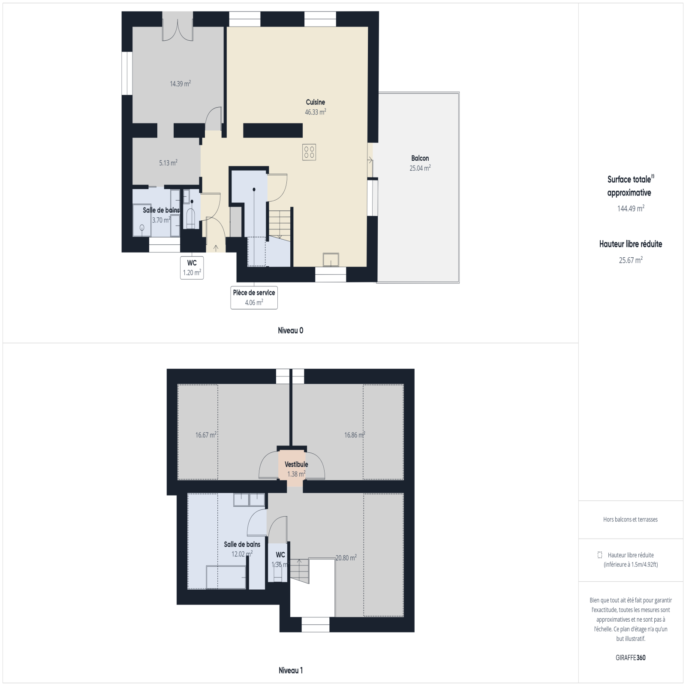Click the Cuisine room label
point(315,102)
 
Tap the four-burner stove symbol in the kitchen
point(309,152)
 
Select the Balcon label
point(420,158)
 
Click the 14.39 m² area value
point(180,84)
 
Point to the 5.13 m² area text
point(168,163)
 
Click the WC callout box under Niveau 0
point(192,268)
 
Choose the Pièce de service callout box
point(254,298)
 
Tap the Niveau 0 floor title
point(290,331)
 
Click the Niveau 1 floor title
point(290,671)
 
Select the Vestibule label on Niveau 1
point(296,464)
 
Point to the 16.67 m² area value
point(206,435)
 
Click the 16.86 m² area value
point(355,435)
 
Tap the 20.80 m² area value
point(346,558)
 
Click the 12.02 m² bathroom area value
point(242,554)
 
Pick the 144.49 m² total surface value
point(631,208)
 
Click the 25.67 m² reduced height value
point(631,260)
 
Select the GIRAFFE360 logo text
point(630,658)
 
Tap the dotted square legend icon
point(600,555)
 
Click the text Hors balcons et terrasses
point(630,519)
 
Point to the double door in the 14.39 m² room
point(178,27)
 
